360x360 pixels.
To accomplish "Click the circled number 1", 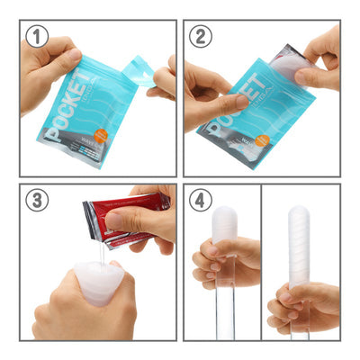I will point(37,37).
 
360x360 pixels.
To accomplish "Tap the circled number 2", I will point(202,37).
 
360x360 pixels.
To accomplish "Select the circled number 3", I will point(37,201).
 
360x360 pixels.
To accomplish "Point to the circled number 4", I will point(202,201).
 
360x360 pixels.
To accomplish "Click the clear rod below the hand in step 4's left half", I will point(224,310).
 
